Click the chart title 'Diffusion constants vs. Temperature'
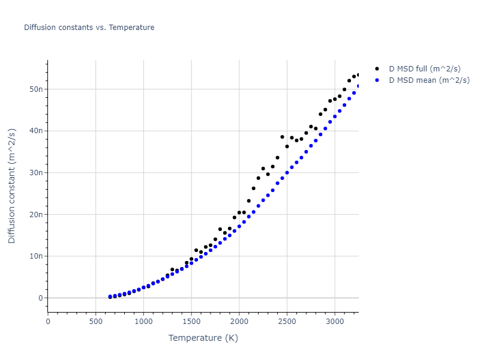point(89,28)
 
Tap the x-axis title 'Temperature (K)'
point(203,338)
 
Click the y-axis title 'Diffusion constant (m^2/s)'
point(12,186)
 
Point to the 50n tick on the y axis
point(37,89)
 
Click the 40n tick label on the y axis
point(37,131)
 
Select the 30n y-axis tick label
point(37,173)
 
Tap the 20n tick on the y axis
point(37,215)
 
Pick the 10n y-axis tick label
point(37,256)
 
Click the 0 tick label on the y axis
point(40,298)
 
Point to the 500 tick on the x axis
point(95,320)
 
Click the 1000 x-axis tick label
point(143,320)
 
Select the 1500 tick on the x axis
point(191,320)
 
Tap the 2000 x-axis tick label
point(239,320)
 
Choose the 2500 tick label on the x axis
point(287,320)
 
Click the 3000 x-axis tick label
point(335,320)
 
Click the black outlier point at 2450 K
point(282,137)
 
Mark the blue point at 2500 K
point(287,173)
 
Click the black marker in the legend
point(377,69)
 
